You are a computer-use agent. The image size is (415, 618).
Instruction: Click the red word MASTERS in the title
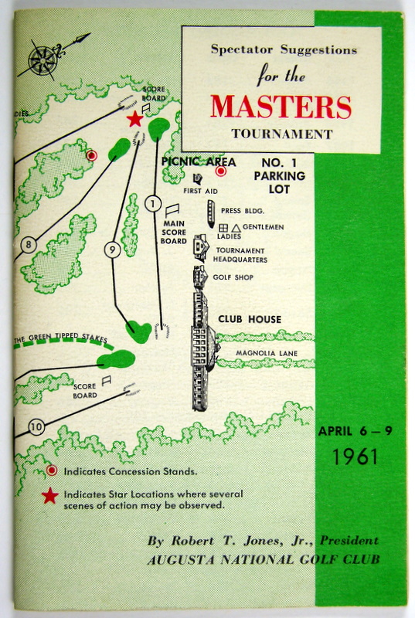(281, 107)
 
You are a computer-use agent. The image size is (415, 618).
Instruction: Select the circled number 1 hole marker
(153, 204)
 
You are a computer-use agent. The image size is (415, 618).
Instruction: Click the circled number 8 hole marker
(29, 245)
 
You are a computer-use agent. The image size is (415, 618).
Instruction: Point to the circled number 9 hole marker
(113, 250)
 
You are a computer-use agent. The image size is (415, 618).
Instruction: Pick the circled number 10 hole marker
(36, 427)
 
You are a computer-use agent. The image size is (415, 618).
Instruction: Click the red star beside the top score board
(134, 119)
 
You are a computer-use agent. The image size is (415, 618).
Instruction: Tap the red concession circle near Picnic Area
(221, 171)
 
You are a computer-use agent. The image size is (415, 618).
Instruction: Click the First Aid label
(200, 191)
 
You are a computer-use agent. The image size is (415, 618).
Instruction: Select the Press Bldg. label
(243, 211)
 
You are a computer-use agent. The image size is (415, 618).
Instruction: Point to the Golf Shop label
(233, 277)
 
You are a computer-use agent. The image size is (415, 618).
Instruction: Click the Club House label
(250, 319)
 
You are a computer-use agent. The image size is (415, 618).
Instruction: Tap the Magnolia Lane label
(267, 353)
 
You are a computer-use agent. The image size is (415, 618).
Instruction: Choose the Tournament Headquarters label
(240, 255)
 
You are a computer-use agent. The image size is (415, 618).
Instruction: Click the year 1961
(355, 457)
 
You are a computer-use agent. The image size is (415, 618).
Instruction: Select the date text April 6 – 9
(355, 431)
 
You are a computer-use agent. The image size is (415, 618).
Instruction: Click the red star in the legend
(50, 496)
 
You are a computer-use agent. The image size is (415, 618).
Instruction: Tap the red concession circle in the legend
(52, 470)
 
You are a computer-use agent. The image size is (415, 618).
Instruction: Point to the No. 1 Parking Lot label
(280, 176)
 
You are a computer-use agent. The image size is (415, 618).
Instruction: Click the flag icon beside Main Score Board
(172, 210)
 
